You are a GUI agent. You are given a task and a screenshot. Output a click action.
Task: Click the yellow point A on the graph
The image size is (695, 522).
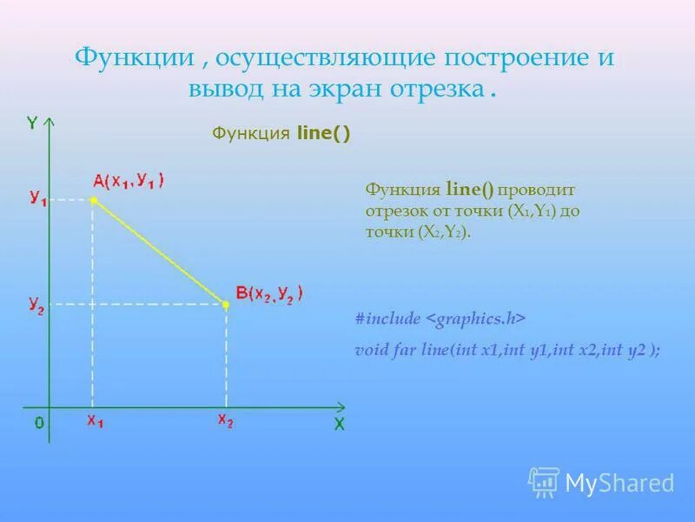tap(94, 201)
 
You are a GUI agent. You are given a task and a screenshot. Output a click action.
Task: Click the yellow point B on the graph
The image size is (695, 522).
tap(226, 304)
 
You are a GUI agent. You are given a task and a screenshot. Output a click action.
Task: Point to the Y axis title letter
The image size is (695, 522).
tap(31, 123)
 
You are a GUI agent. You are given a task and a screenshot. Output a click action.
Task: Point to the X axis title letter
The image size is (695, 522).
tap(340, 425)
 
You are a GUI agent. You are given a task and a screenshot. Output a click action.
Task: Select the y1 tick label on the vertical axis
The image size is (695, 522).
tap(37, 199)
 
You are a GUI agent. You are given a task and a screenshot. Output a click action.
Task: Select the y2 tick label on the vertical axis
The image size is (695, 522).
tap(36, 304)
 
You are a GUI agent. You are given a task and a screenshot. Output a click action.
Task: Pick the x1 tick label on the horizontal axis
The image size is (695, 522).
tap(95, 422)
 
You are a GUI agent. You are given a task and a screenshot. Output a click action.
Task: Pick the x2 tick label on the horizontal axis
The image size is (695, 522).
tap(225, 422)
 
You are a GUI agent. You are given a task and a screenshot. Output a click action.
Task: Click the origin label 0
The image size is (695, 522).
tap(39, 423)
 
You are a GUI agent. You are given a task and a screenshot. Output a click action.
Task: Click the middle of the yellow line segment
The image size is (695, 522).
tap(160, 252)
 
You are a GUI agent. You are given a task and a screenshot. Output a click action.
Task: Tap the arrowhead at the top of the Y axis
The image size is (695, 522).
tap(50, 121)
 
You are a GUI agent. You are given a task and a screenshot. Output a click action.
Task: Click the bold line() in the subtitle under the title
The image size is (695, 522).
tap(323, 133)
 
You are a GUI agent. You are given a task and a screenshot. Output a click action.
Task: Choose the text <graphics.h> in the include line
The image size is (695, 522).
tap(476, 319)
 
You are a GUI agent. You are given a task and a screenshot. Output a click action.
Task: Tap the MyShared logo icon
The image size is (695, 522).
tap(544, 481)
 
